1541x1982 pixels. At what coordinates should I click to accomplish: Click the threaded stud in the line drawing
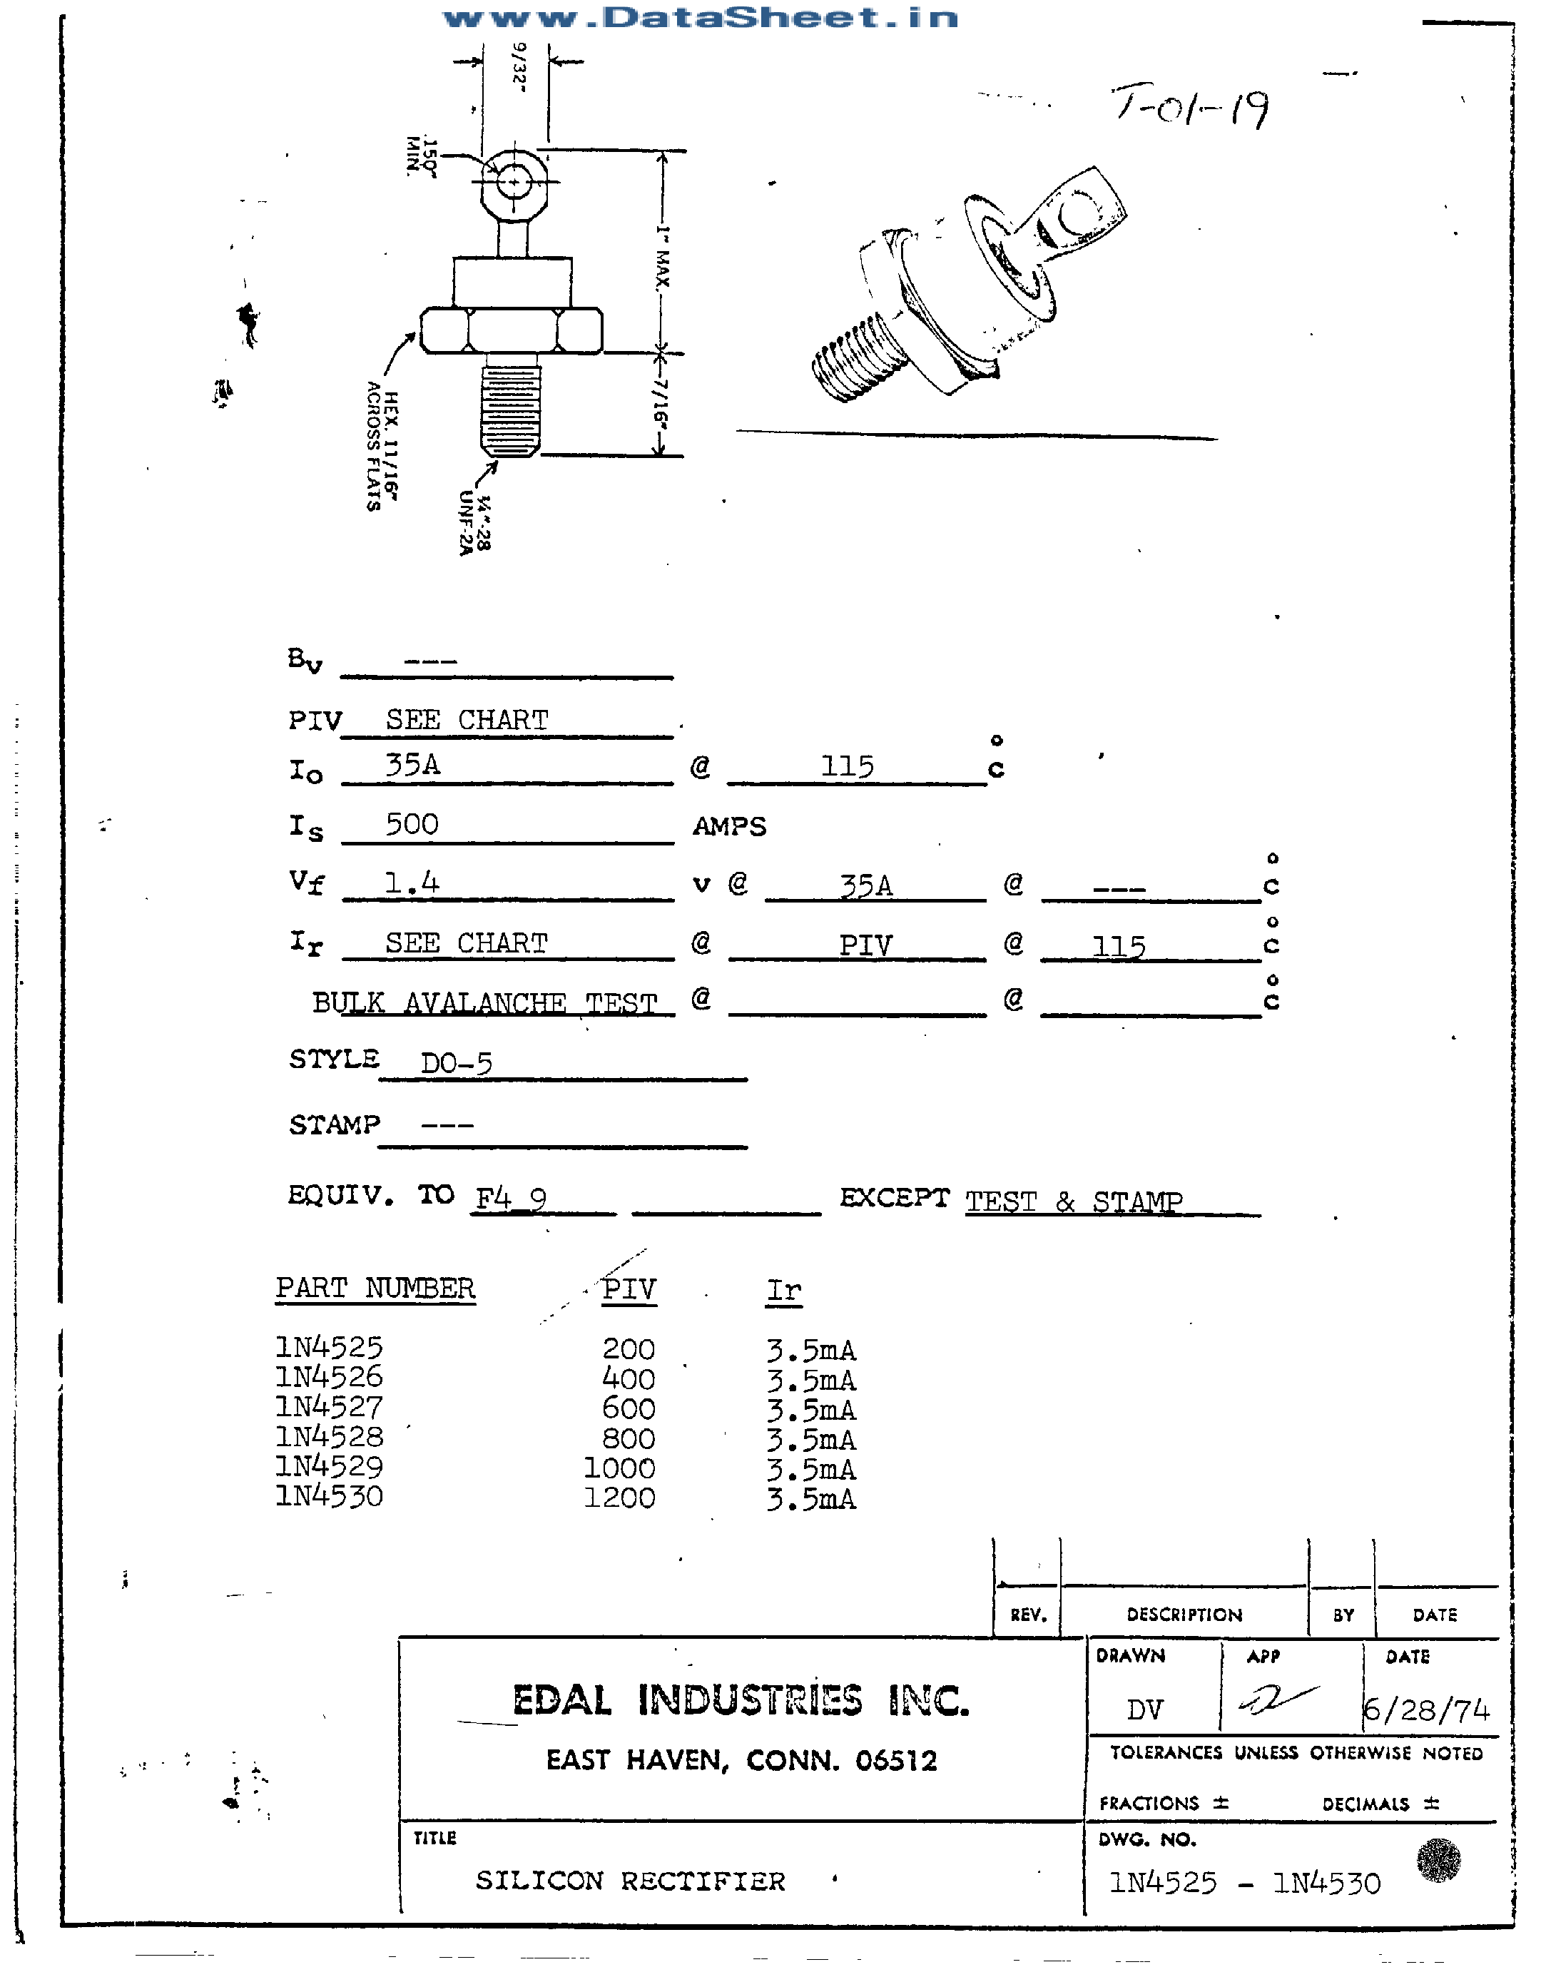point(510,406)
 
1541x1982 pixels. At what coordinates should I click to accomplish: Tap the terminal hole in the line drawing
point(514,183)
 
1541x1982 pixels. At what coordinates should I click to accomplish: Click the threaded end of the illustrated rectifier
point(853,357)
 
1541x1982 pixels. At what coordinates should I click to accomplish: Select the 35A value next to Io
point(413,765)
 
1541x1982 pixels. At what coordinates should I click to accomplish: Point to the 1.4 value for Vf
point(411,882)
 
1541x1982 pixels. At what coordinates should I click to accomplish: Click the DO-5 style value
point(457,1062)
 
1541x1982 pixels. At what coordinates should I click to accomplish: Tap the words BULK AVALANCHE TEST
point(484,1003)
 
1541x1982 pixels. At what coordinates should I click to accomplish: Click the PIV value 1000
point(619,1468)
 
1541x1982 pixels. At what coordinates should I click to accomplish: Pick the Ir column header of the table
point(784,1289)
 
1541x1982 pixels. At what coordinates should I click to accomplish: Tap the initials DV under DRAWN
point(1144,1709)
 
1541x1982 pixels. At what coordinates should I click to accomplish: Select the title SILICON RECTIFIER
point(630,1881)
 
